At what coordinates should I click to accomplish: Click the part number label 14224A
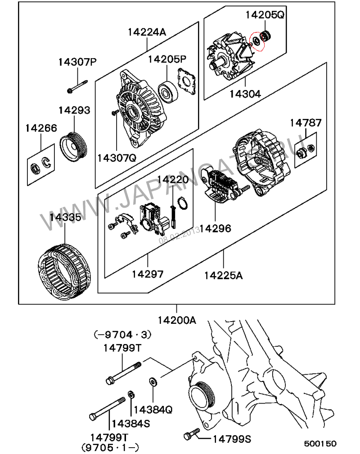pos(147,32)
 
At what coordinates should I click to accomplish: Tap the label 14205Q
pos(265,15)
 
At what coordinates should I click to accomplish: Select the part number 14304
pos(245,94)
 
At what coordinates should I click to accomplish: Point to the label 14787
pos(306,123)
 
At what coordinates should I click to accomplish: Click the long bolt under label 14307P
pos(77,86)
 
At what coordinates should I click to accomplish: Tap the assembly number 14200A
pos(176,320)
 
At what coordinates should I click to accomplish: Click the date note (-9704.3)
pos(122,335)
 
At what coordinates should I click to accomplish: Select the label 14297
pos(148,273)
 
